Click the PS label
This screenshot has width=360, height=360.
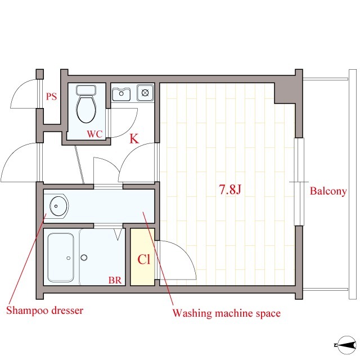pyautogui.click(x=51, y=96)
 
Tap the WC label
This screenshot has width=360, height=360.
pyautogui.click(x=94, y=134)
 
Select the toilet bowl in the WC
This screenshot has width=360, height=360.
pyautogui.click(x=86, y=109)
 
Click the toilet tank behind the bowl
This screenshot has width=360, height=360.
pyautogui.click(x=86, y=90)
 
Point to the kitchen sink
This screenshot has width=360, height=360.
pyautogui.click(x=121, y=93)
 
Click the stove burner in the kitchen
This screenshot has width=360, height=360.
pyautogui.click(x=145, y=93)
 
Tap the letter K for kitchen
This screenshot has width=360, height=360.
pyautogui.click(x=134, y=138)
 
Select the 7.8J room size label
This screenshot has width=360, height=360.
pyautogui.click(x=230, y=190)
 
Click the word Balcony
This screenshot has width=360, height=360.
pyautogui.click(x=328, y=191)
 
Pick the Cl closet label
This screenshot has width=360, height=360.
pyautogui.click(x=144, y=259)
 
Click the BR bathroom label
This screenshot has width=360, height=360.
pyautogui.click(x=115, y=280)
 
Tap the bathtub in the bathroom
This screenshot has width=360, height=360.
pyautogui.click(x=61, y=258)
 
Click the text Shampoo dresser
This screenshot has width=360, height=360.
pyautogui.click(x=45, y=310)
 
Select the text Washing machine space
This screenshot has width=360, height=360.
pyautogui.click(x=227, y=313)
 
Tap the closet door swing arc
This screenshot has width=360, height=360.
pyautogui.click(x=186, y=252)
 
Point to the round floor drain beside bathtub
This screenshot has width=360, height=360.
pyautogui.click(x=84, y=258)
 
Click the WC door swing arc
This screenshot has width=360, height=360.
pyautogui.click(x=131, y=128)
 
